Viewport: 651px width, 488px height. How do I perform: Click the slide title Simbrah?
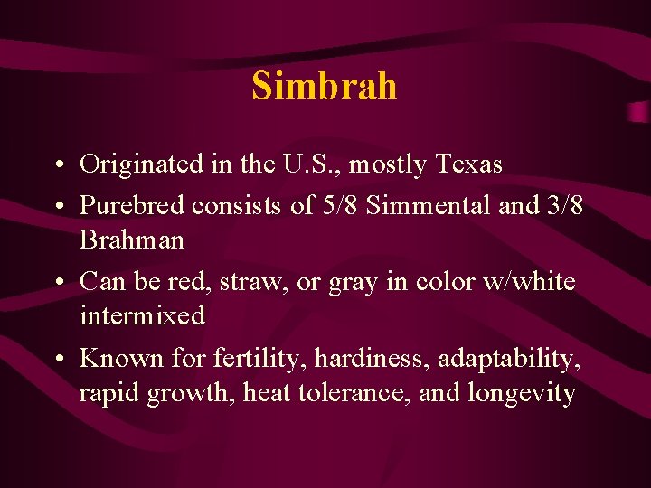(x=325, y=85)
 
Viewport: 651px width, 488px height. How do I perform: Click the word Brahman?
(x=132, y=240)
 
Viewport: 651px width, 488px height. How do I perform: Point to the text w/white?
(x=528, y=282)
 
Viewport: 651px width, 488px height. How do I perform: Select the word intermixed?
(x=142, y=316)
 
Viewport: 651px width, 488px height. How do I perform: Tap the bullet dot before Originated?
(x=59, y=165)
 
